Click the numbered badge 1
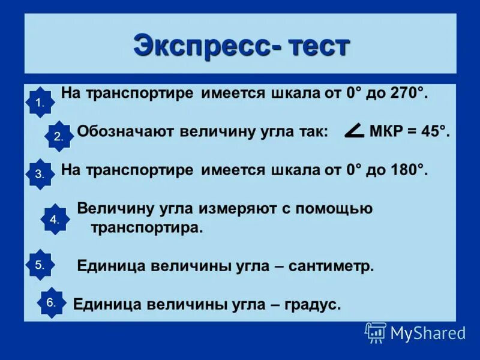click(x=40, y=103)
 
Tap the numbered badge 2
click(x=58, y=136)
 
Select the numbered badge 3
click(x=40, y=174)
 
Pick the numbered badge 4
click(x=55, y=220)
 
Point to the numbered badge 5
click(x=40, y=264)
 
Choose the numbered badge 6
click(x=51, y=303)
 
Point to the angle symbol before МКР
click(x=355, y=131)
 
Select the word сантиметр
click(x=331, y=266)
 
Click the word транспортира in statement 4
click(x=147, y=228)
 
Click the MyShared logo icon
click(x=376, y=332)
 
